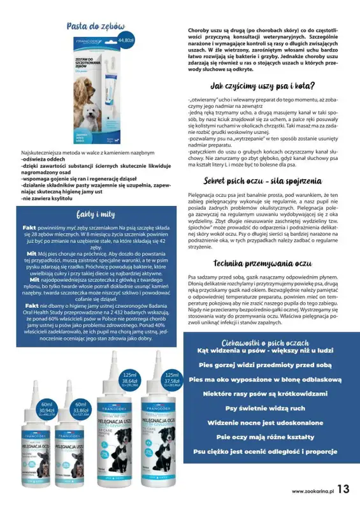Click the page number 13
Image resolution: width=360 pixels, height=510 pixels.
click(343, 490)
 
